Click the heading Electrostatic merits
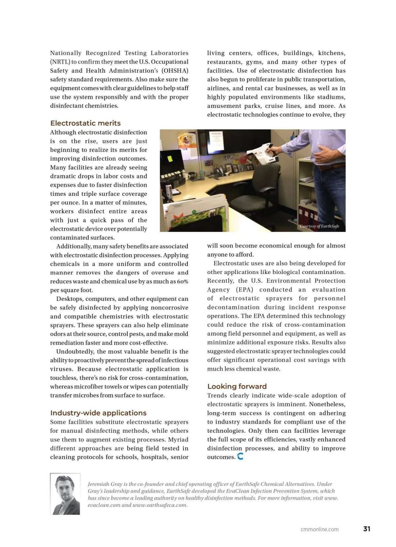coord(85,123)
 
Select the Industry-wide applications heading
coord(98,413)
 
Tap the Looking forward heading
coord(237,386)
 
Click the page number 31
coord(367,529)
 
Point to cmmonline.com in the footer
coord(319,529)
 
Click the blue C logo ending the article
coord(240,457)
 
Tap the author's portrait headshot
coord(65,494)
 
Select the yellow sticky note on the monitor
coord(170,158)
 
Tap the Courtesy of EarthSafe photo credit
coord(319,226)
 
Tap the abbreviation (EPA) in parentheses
coord(245,290)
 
